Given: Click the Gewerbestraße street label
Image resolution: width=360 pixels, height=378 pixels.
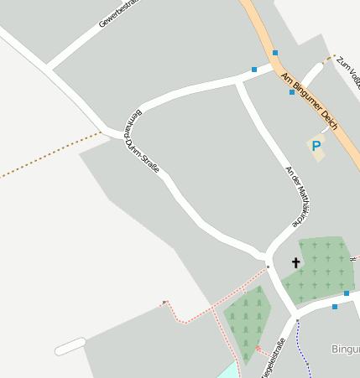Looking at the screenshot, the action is tap(117, 13).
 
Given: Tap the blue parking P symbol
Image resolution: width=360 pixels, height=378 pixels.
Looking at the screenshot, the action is tap(316, 147).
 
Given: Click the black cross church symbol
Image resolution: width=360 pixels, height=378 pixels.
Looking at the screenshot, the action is tap(295, 263).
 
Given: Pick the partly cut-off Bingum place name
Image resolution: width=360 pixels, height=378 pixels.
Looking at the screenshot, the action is tap(345, 349).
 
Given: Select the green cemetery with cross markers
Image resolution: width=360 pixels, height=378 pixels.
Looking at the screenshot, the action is tap(319, 268).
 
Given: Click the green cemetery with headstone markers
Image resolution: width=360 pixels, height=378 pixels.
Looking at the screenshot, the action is tap(247, 323).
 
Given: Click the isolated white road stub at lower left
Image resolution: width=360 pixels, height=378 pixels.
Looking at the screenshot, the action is tap(70, 345).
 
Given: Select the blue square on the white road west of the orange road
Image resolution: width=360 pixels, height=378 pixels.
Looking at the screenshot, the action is tap(253, 70).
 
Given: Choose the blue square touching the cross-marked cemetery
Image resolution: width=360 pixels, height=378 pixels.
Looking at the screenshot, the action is tap(346, 293).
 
